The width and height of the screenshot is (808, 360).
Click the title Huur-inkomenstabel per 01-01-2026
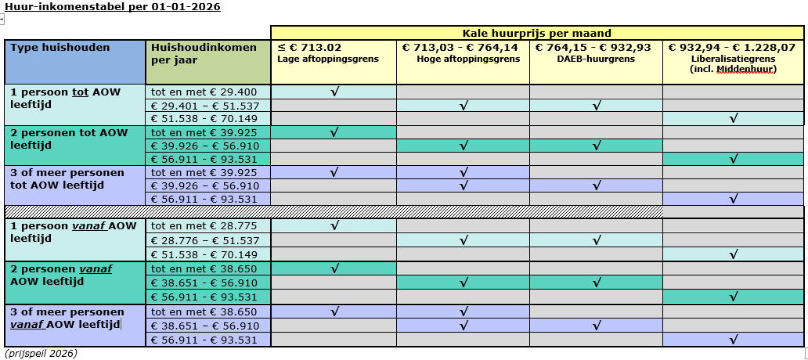click(x=113, y=7)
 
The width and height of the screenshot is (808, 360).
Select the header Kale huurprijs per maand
click(x=536, y=33)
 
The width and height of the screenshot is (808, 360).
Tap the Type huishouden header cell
click(x=60, y=47)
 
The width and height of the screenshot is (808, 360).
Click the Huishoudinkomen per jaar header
click(x=204, y=53)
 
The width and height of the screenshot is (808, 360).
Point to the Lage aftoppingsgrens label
click(x=328, y=59)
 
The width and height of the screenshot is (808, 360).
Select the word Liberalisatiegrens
click(x=733, y=59)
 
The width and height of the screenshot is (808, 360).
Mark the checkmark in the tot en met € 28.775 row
click(x=334, y=226)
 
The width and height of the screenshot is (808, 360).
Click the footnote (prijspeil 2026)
click(x=41, y=354)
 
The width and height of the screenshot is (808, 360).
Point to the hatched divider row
click(x=335, y=211)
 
